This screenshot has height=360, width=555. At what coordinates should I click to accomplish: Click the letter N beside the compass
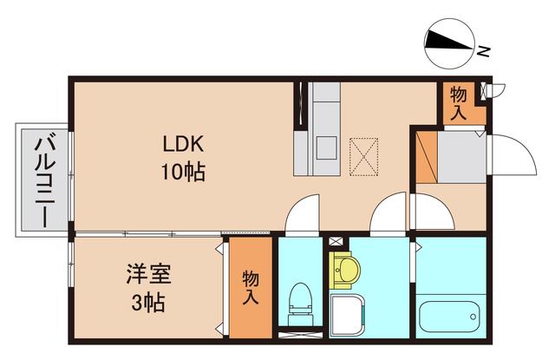(485, 51)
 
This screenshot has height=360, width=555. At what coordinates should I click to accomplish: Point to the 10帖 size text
(183, 171)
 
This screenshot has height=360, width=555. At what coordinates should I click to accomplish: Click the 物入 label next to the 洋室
(250, 287)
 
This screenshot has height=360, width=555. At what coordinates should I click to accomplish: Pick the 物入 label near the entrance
(459, 103)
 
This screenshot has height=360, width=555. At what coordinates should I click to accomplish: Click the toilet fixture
(301, 299)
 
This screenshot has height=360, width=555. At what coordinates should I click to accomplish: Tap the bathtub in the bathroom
(450, 317)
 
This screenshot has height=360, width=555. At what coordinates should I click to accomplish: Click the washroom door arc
(387, 214)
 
